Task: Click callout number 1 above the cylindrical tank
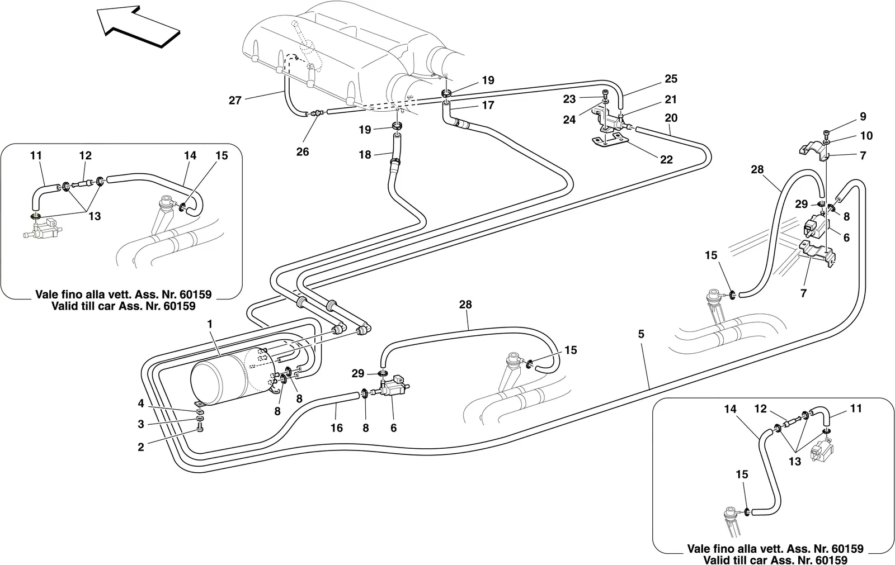pyautogui.click(x=210, y=324)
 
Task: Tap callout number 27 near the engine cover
pyautogui.click(x=235, y=100)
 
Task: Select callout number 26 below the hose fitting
pyautogui.click(x=303, y=152)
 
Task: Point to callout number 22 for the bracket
pyautogui.click(x=666, y=160)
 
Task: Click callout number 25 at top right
pyautogui.click(x=671, y=79)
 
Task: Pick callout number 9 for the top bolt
pyautogui.click(x=863, y=117)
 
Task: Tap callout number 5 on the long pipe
pyautogui.click(x=641, y=334)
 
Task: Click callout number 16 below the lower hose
pyautogui.click(x=336, y=428)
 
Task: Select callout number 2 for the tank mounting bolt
pyautogui.click(x=140, y=447)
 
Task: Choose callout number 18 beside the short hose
pyautogui.click(x=365, y=155)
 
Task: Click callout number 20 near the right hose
pyautogui.click(x=671, y=118)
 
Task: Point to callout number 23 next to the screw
pyautogui.click(x=569, y=99)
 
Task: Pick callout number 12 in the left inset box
pyautogui.click(x=86, y=155)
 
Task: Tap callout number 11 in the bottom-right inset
pyautogui.click(x=856, y=409)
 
